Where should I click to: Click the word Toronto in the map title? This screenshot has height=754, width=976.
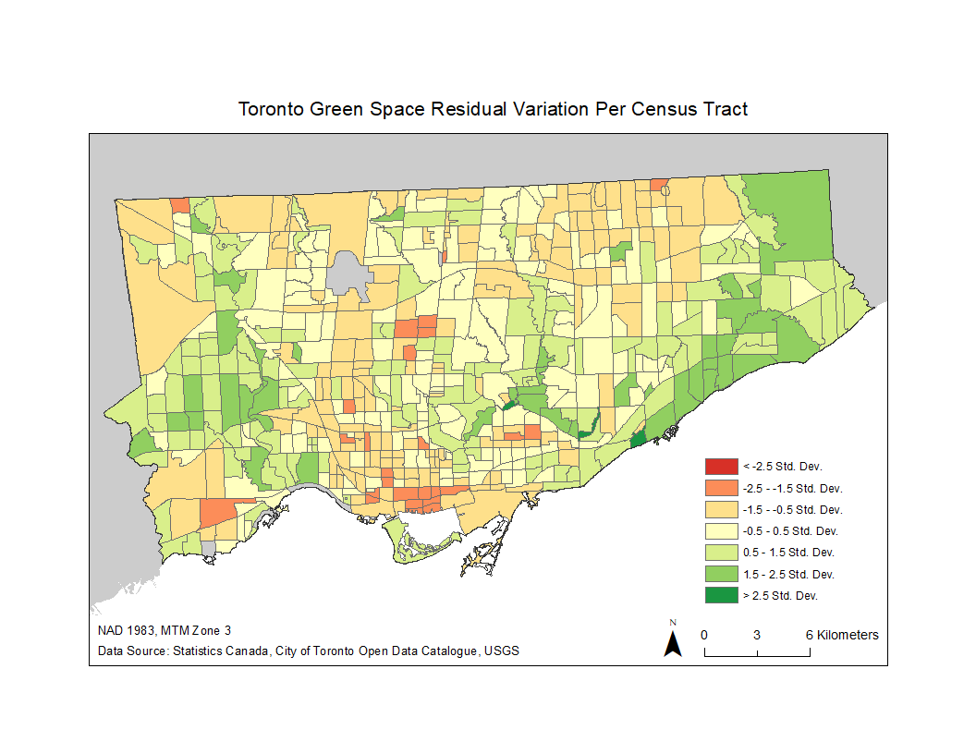(x=270, y=109)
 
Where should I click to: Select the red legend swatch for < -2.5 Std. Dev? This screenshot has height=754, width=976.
(x=721, y=466)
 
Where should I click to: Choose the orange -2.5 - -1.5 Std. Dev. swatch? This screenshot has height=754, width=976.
(x=721, y=488)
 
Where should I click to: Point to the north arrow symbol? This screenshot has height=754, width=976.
(x=673, y=642)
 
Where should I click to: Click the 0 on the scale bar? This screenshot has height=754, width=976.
(x=704, y=636)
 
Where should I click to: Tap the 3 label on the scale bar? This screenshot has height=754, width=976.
(x=757, y=636)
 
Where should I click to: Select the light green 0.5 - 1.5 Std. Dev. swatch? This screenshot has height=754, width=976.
(x=721, y=553)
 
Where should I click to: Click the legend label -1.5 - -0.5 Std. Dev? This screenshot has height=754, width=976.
(x=792, y=509)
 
